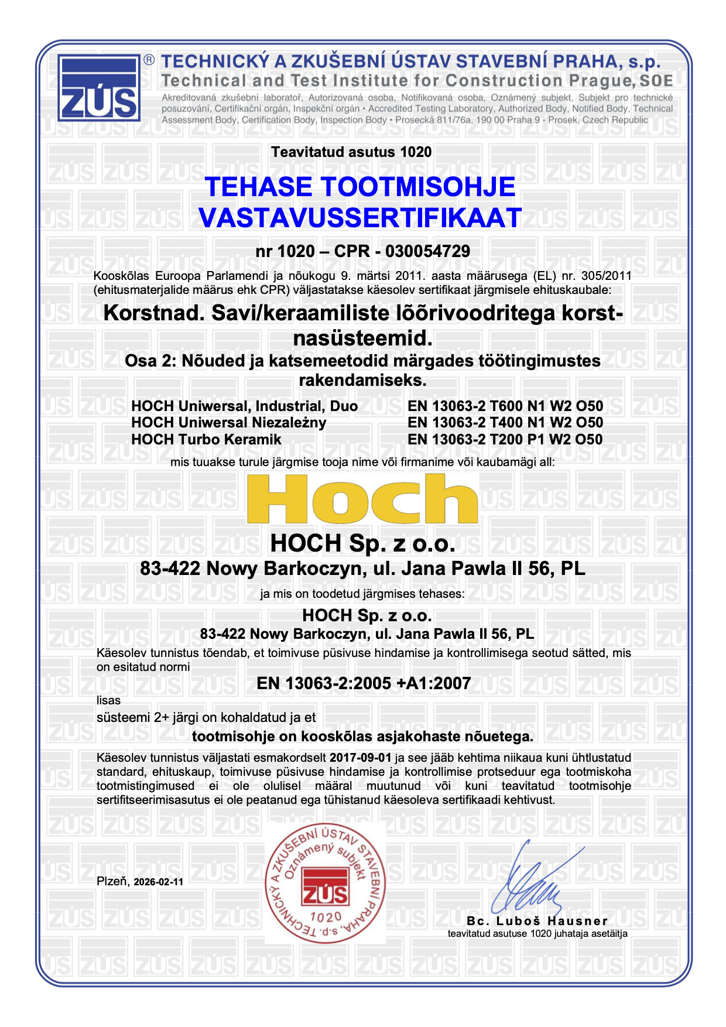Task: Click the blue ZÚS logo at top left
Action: pyautogui.click(x=99, y=88)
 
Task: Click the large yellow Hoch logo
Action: pyautogui.click(x=362, y=499)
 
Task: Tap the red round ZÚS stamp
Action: pyautogui.click(x=325, y=882)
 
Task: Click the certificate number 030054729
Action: pyautogui.click(x=427, y=251)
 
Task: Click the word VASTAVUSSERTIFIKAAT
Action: pyautogui.click(x=359, y=218)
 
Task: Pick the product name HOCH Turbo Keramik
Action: pyautogui.click(x=206, y=439)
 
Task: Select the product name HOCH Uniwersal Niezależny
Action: pyautogui.click(x=228, y=422)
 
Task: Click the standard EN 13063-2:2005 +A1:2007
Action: pyautogui.click(x=364, y=683)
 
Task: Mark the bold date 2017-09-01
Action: pyautogui.click(x=360, y=758)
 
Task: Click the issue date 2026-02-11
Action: pyautogui.click(x=158, y=882)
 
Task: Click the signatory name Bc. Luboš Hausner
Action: pyautogui.click(x=537, y=921)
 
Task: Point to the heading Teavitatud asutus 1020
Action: pyautogui.click(x=351, y=152)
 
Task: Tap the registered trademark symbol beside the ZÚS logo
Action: pyautogui.click(x=149, y=60)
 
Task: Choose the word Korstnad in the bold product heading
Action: pyautogui.click(x=154, y=313)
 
